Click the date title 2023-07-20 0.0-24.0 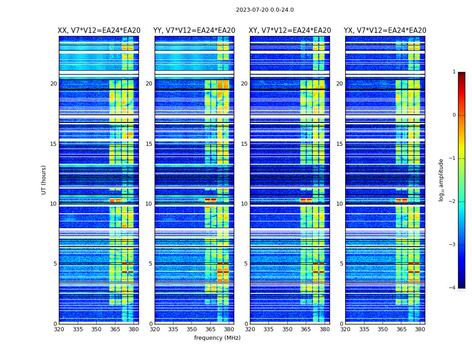[x=265, y=10]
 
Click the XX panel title [x=99, y=31]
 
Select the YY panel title [x=194, y=31]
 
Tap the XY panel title [x=290, y=31]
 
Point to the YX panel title [x=385, y=31]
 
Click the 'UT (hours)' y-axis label [x=44, y=180]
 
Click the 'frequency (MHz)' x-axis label [x=217, y=338]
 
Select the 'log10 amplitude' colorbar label [x=441, y=180]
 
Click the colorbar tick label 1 [x=454, y=72]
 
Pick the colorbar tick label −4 [x=453, y=288]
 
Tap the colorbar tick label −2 [x=453, y=202]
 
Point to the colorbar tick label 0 [x=454, y=115]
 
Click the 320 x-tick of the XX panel [x=59, y=329]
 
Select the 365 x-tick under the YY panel [x=210, y=329]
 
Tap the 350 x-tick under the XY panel [x=287, y=329]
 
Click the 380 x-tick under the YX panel [x=420, y=329]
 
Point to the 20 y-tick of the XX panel [x=53, y=84]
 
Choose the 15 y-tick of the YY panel [x=149, y=144]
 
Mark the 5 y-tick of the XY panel [x=246, y=264]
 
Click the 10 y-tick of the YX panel [x=339, y=204]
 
